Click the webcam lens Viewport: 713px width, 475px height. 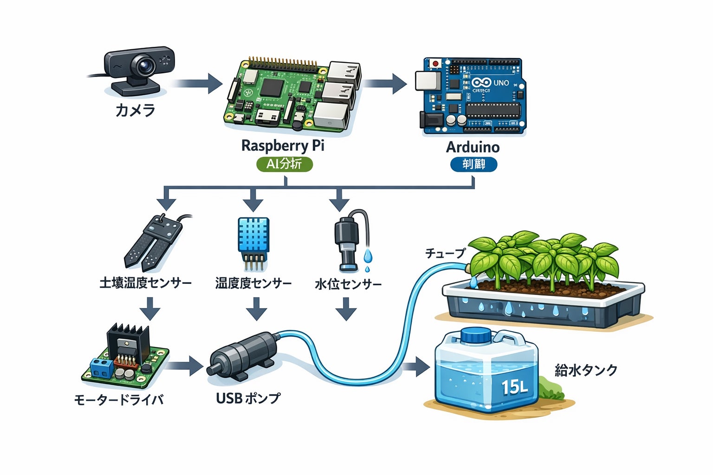[146, 66]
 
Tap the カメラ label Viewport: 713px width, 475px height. [135, 110]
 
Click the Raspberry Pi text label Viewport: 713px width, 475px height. [283, 146]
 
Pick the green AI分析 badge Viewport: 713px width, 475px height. [284, 164]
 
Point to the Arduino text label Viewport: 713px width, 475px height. [473, 147]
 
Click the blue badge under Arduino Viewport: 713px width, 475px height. [473, 164]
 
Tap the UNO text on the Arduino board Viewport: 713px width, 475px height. [501, 83]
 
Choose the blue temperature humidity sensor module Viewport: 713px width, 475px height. [253, 236]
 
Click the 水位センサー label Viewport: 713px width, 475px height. [348, 284]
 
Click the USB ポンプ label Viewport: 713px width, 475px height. [248, 398]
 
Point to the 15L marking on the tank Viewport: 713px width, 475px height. [514, 386]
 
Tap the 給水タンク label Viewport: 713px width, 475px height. [586, 370]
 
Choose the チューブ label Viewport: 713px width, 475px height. [445, 253]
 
